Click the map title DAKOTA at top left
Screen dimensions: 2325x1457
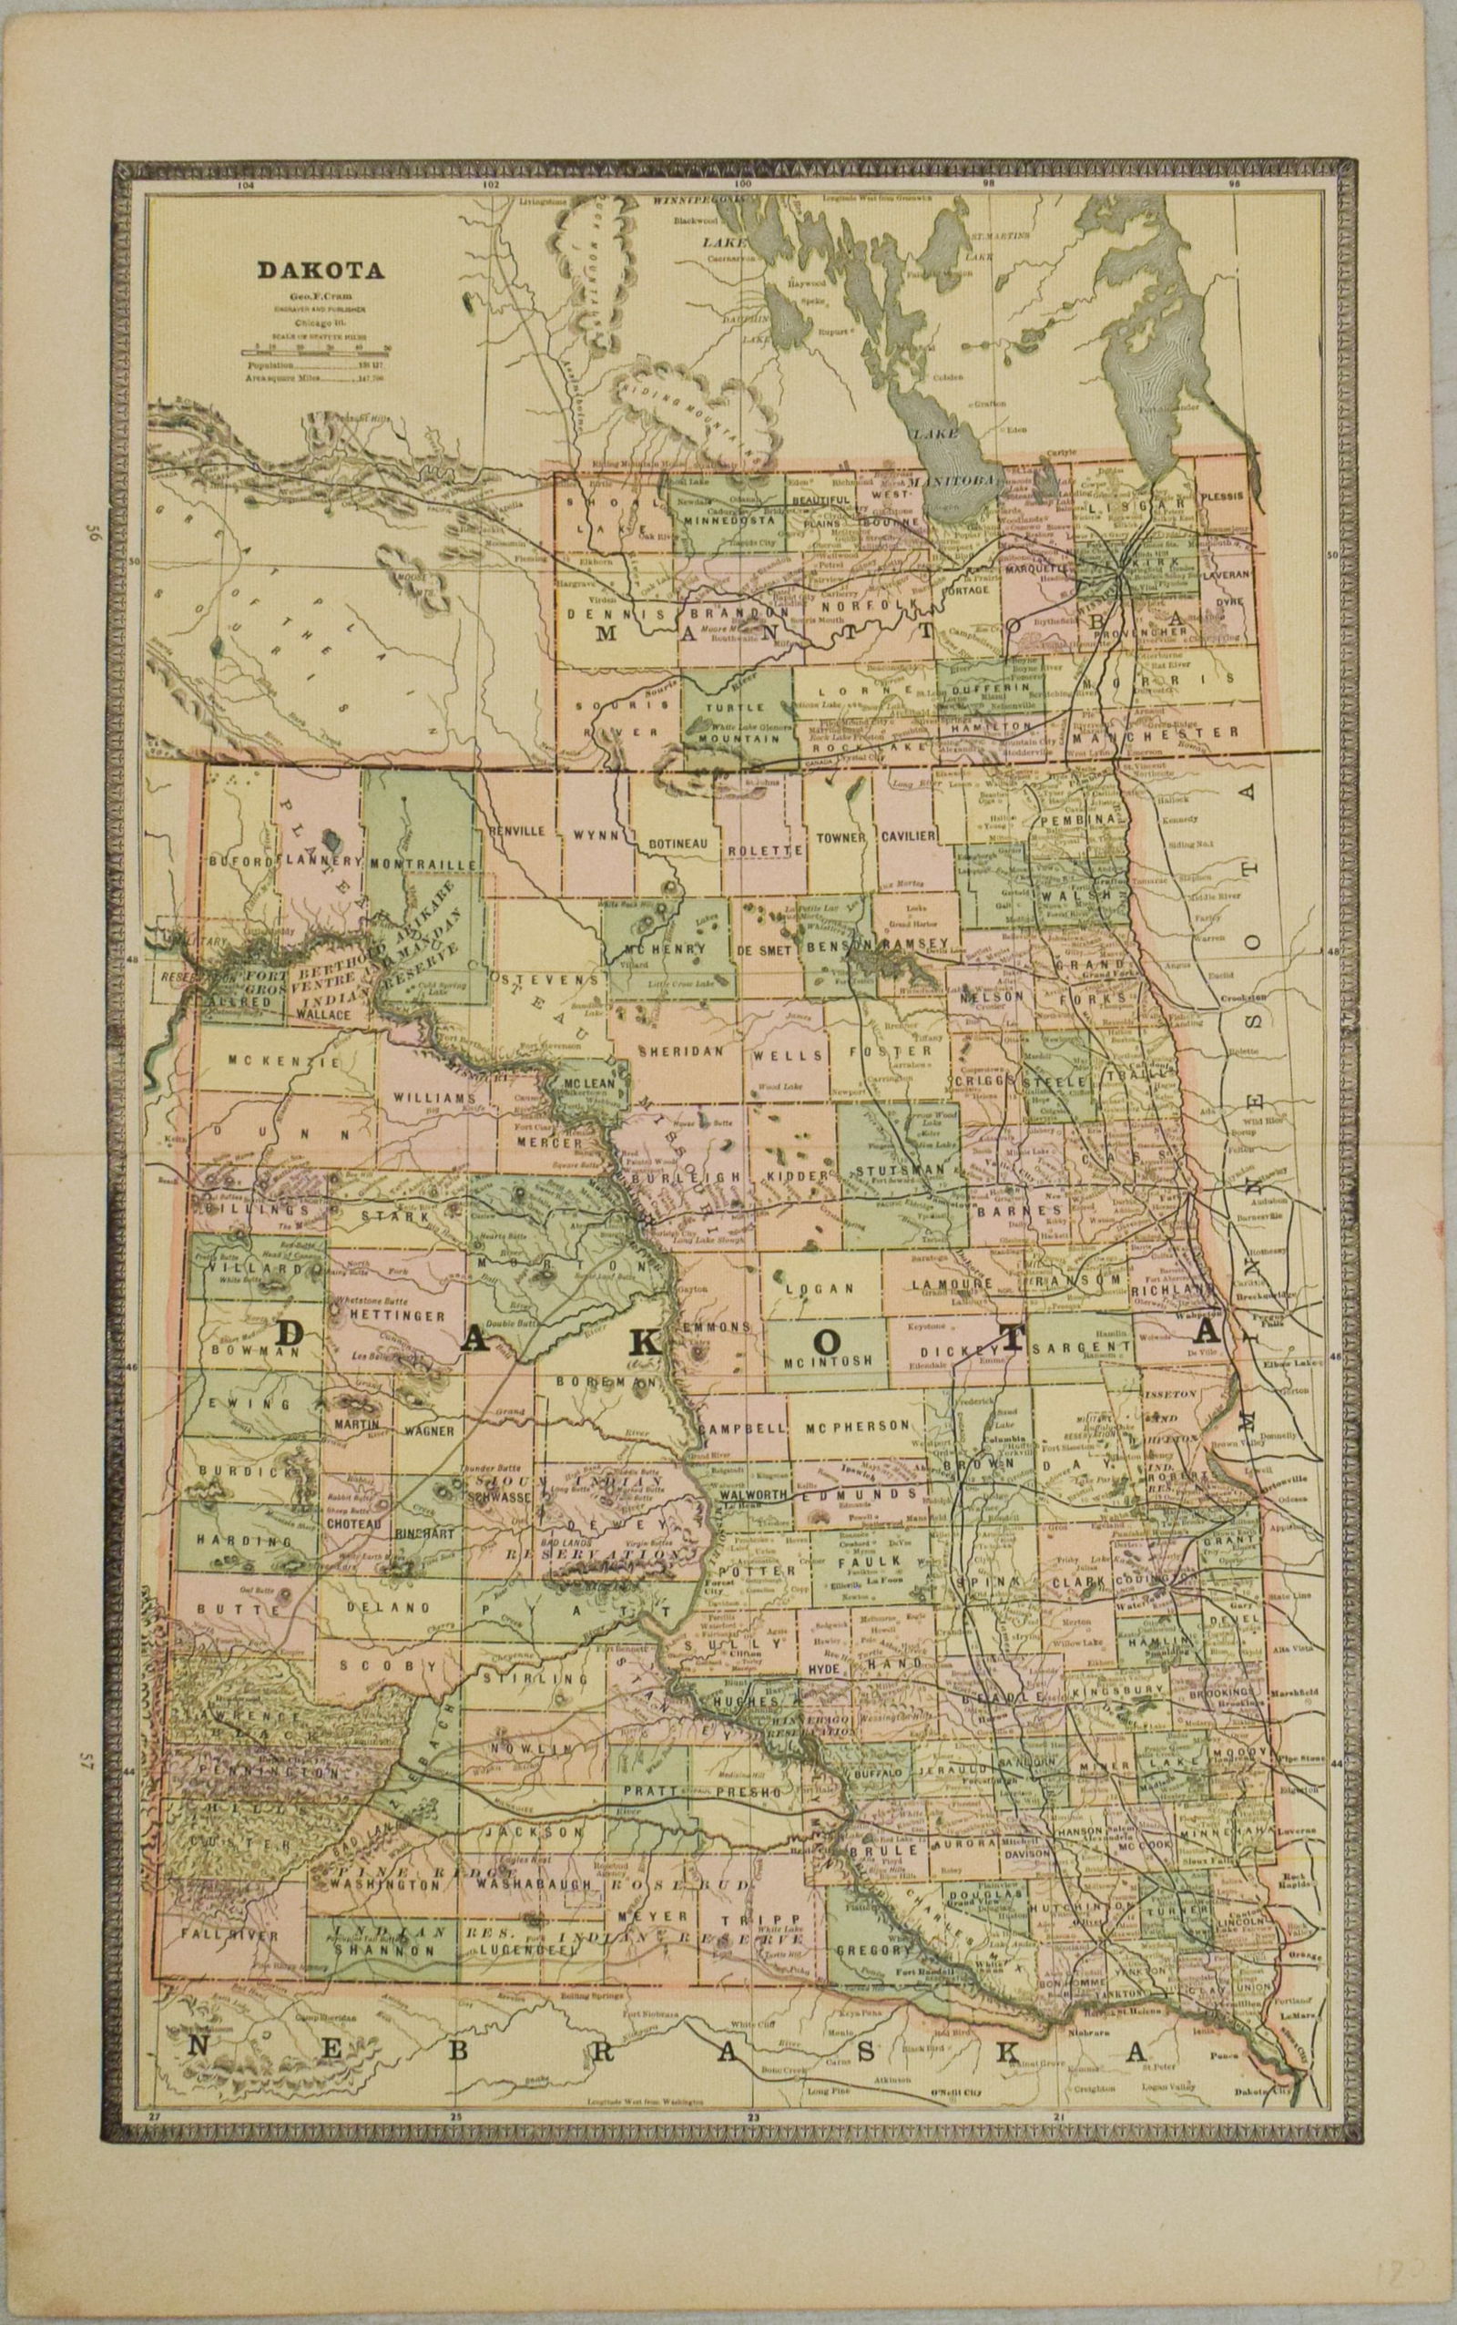pyautogui.click(x=320, y=271)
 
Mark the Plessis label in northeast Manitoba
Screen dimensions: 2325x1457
pyautogui.click(x=1224, y=496)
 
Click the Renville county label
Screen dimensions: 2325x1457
pyautogui.click(x=518, y=830)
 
